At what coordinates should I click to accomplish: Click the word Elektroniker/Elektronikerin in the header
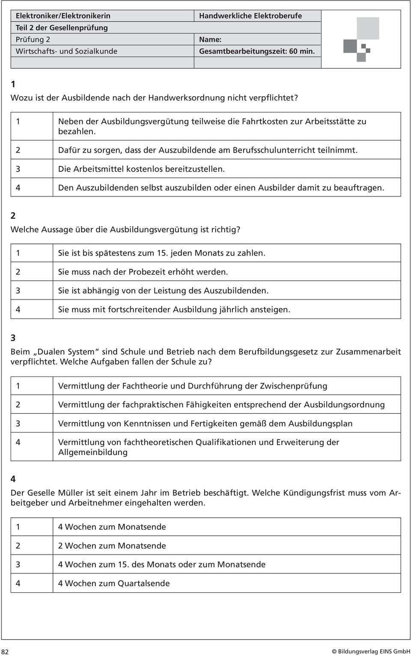point(63,16)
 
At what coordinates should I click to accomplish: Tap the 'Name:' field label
point(210,39)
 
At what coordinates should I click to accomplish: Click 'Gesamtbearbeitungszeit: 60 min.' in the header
point(257,51)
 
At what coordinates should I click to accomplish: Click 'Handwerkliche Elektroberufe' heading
point(250,16)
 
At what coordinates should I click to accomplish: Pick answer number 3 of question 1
point(18,169)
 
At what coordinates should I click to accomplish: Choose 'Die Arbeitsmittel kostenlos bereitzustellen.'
point(141,169)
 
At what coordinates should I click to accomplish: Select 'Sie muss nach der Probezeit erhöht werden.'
point(143,272)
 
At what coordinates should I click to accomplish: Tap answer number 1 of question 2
point(18,253)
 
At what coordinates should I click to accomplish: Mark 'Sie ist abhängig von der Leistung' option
point(163,291)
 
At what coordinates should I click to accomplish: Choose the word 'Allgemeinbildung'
point(93,452)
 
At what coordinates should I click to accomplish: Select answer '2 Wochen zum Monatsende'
point(112,546)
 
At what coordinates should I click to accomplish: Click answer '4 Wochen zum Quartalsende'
point(114,583)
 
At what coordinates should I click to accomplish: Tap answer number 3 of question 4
point(18,564)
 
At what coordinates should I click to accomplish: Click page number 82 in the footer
point(5,651)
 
